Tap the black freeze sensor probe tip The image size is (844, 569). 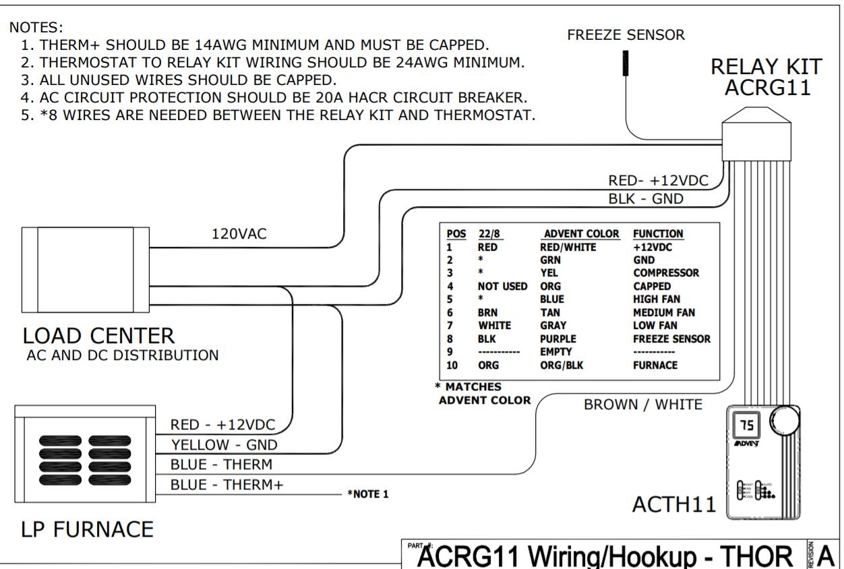pos(626,63)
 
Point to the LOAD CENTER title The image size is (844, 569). pos(99,335)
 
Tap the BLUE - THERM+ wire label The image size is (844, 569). pos(227,485)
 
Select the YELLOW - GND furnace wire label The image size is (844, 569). pos(224,445)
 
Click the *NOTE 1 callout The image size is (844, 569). pos(368,494)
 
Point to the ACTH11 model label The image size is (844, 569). pos(674,504)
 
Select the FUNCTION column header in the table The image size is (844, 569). pos(658,234)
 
